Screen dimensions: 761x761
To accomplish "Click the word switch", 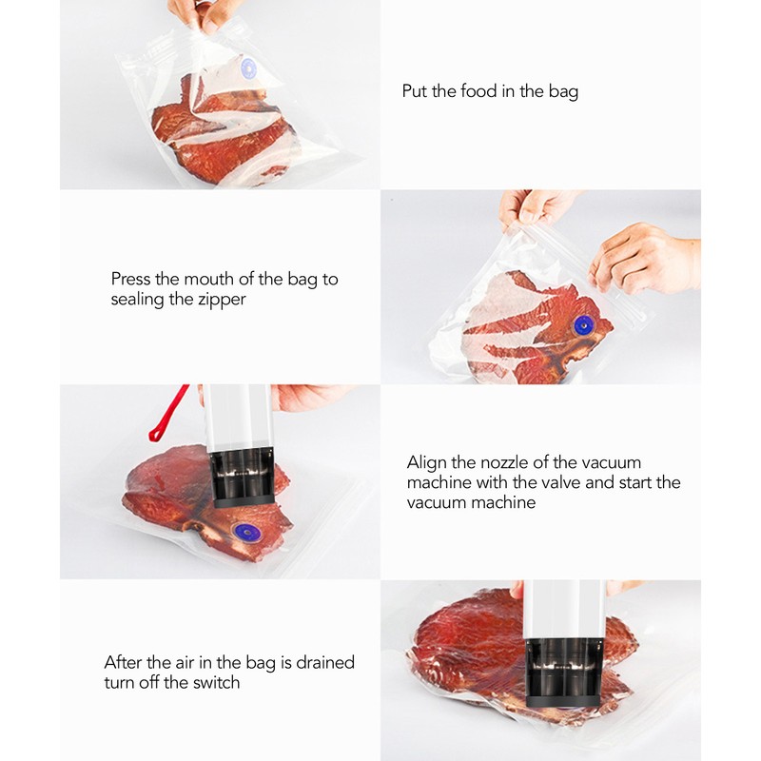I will [x=214, y=682].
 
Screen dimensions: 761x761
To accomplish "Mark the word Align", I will [x=428, y=462].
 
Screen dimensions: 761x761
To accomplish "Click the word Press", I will [x=131, y=279].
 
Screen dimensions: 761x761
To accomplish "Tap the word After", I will [x=126, y=662].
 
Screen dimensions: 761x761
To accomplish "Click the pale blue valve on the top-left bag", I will [x=249, y=68].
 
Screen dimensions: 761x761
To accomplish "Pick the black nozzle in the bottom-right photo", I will [x=562, y=672].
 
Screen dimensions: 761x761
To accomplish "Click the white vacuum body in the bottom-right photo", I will [x=563, y=609].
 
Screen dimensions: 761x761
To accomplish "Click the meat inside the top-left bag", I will [x=224, y=133].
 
